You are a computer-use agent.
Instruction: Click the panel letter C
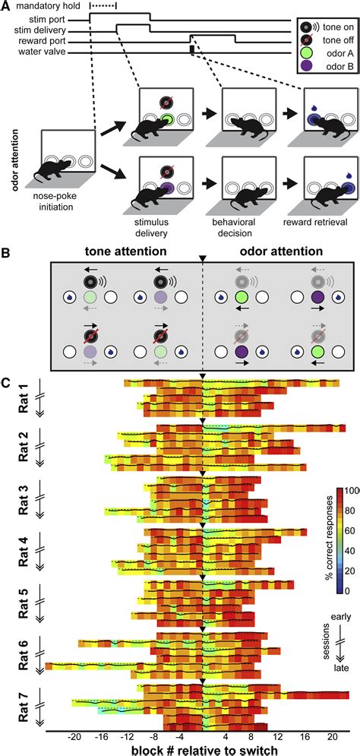click(x=5, y=375)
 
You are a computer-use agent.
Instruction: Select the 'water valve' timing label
click(x=45, y=52)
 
